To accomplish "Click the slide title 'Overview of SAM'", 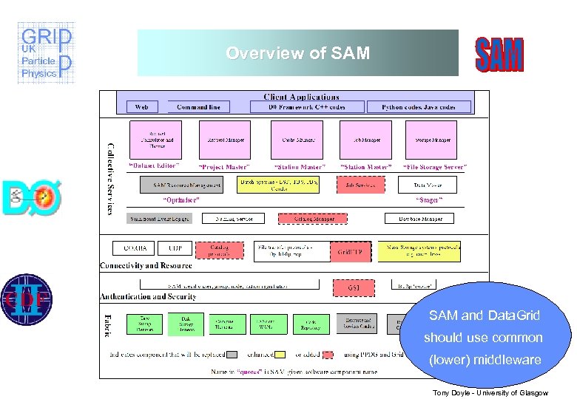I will (x=297, y=53).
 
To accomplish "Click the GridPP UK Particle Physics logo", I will (x=46, y=53).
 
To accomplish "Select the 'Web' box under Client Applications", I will (x=141, y=107).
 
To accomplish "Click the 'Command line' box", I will (x=198, y=107).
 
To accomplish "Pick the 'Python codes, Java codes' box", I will (x=419, y=107).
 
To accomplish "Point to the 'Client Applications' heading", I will (x=302, y=97).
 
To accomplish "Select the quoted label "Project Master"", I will (x=224, y=167).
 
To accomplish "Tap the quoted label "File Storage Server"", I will (x=434, y=167).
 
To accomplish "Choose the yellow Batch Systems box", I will (x=278, y=185).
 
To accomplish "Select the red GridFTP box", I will (x=350, y=251).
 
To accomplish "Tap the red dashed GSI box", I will (x=354, y=285).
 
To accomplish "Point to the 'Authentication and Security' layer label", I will (x=148, y=296).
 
